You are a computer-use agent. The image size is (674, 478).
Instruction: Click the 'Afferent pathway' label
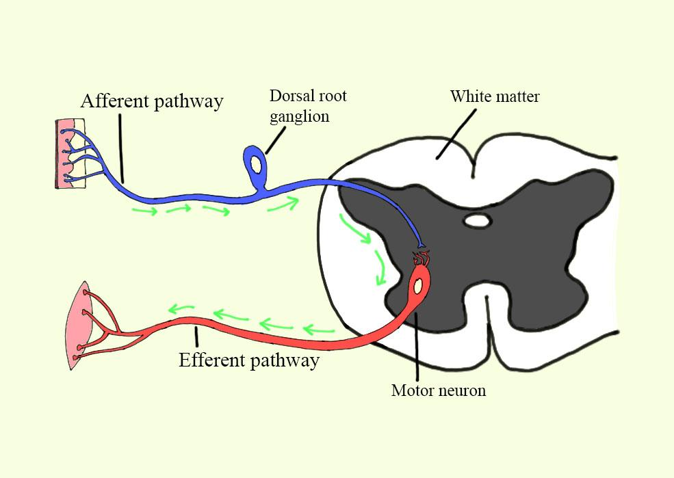[152, 101]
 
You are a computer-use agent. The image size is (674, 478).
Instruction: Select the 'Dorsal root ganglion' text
[307, 105]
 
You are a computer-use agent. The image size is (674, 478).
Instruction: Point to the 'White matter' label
[494, 96]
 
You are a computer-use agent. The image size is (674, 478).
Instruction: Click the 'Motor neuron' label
[438, 390]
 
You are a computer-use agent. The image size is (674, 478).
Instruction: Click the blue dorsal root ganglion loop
[257, 164]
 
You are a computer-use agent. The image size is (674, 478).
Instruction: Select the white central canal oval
[477, 220]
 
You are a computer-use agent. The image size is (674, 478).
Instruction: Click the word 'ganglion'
[299, 116]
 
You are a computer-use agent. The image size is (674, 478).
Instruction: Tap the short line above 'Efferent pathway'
[196, 336]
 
